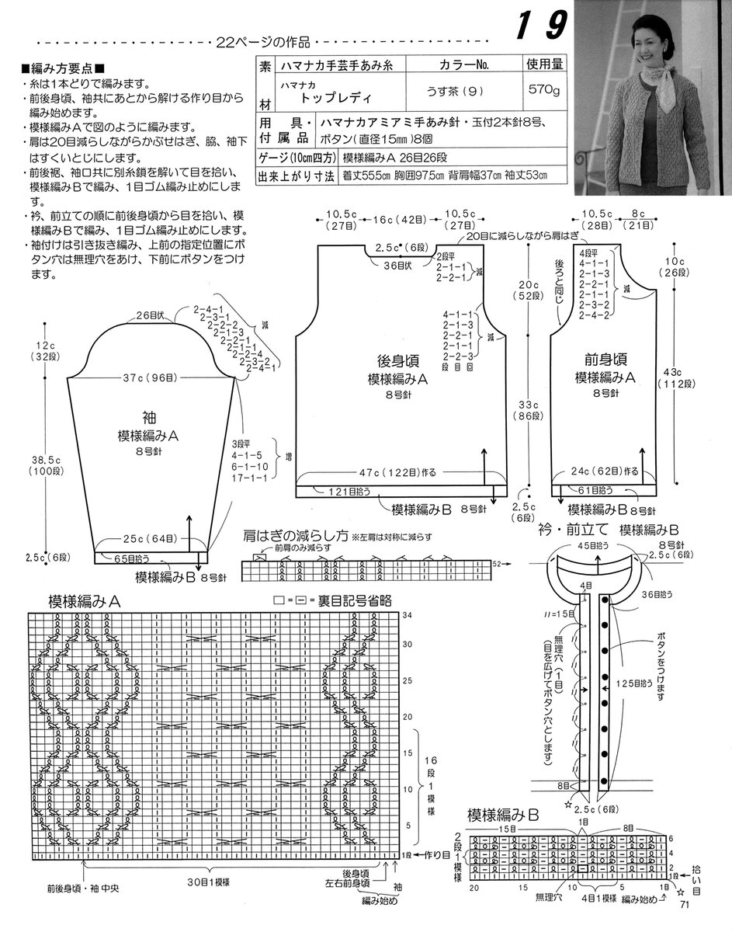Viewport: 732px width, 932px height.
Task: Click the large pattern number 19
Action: [536, 26]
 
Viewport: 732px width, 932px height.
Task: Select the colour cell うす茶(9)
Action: [451, 92]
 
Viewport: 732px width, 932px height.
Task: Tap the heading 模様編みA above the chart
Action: [88, 601]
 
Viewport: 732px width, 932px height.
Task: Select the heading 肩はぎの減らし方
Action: [294, 535]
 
